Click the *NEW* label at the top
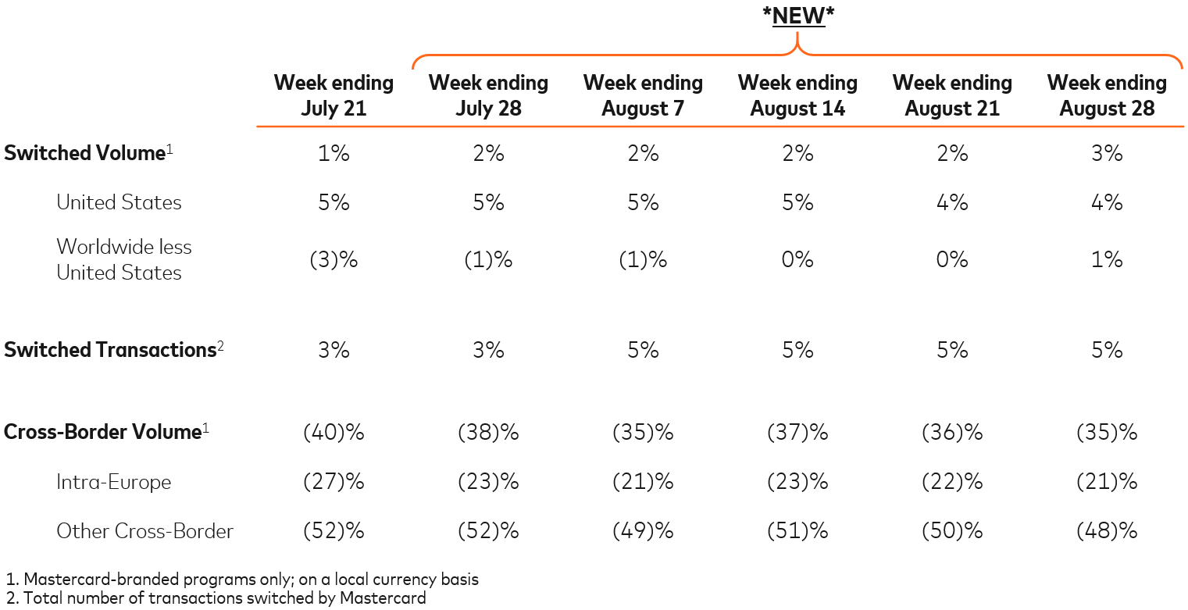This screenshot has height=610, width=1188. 797,16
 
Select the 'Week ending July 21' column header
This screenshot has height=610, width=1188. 334,95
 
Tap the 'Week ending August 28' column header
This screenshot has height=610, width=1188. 1107,95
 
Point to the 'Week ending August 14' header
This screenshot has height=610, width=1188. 797,95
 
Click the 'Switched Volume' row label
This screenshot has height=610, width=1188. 84,153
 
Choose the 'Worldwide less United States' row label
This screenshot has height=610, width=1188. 123,259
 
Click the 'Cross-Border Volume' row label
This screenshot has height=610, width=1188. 102,432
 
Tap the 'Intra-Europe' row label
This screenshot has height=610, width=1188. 113,482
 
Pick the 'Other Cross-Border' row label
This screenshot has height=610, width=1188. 144,532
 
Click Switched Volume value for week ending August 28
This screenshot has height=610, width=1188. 1107,153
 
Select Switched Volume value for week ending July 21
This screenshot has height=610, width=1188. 334,153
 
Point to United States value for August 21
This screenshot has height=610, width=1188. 952,202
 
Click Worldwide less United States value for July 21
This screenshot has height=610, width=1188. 334,259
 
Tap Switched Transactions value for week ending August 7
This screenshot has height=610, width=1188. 643,350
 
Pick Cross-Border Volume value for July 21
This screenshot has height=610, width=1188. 334,432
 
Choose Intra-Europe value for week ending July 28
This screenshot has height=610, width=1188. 488,482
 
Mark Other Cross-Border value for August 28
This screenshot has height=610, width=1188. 1107,532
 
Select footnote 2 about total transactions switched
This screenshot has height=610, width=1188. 216,599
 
